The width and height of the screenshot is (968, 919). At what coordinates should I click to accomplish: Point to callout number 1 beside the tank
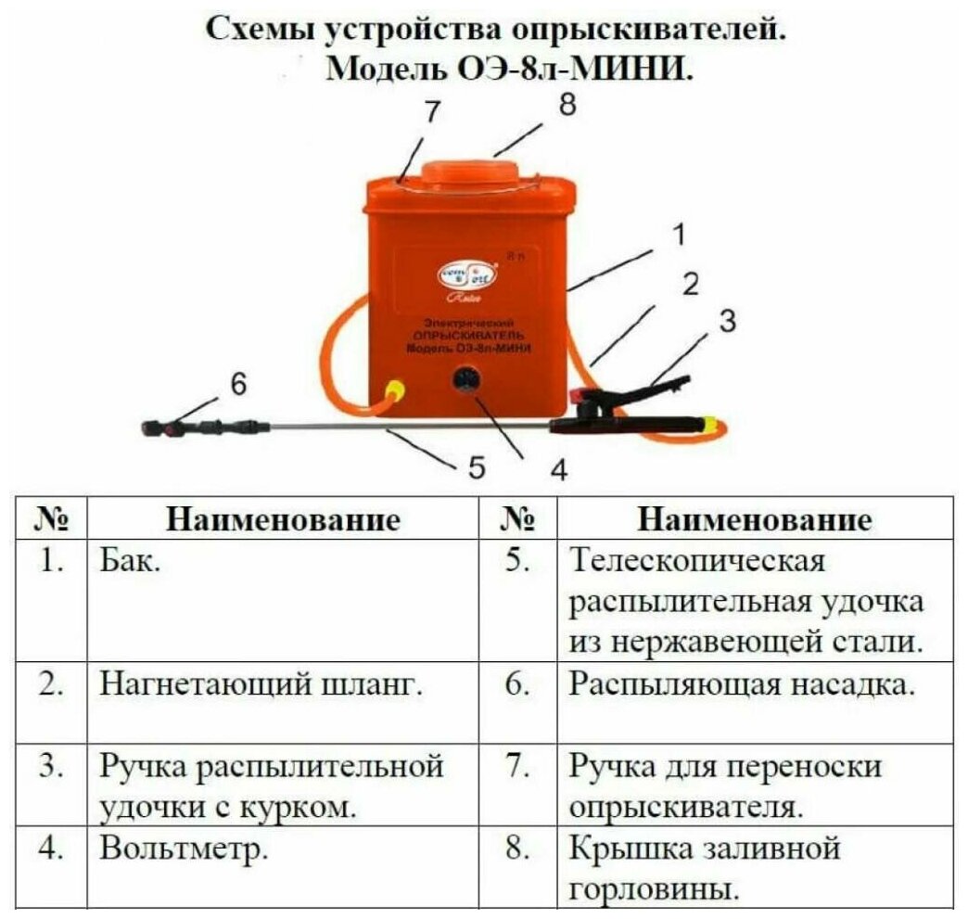click(x=680, y=236)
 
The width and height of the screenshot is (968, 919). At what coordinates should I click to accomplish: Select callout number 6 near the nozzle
click(x=239, y=384)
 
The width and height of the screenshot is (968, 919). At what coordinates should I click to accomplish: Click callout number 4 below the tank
click(x=558, y=471)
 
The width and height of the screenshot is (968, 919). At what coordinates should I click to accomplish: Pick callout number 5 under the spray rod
click(x=477, y=467)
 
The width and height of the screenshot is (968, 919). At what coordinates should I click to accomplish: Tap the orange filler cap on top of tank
click(x=473, y=177)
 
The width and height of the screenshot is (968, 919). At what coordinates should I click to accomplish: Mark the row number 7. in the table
click(x=517, y=767)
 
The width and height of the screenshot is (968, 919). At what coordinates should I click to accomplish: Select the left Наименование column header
click(x=284, y=519)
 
